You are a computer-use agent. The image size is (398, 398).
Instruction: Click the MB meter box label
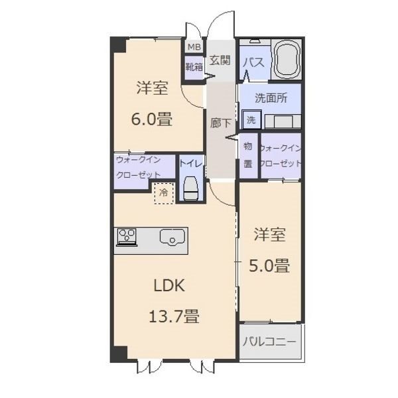[x=194, y=47]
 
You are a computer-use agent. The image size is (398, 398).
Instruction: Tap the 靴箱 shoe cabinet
[x=194, y=66]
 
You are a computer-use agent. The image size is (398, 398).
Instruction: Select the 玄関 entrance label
[x=220, y=60]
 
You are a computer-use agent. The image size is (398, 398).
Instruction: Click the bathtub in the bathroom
[x=287, y=60]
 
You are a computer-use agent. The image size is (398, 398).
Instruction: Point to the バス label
[x=254, y=62]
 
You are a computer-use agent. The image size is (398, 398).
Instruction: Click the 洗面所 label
[x=271, y=98]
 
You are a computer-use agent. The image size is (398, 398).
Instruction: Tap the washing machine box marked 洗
[x=251, y=119]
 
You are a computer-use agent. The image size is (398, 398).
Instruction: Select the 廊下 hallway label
[x=220, y=123]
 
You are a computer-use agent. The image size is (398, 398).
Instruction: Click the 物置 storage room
[x=249, y=155]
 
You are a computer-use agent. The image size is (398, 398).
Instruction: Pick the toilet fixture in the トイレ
[x=191, y=188]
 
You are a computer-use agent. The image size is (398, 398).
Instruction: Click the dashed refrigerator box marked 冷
[x=164, y=193]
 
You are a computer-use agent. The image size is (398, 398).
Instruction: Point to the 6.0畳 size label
[x=151, y=119]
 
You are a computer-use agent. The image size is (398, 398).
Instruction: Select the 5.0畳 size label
[x=269, y=266]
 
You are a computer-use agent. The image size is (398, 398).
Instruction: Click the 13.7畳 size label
[x=174, y=316]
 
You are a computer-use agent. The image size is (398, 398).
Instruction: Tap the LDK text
[x=169, y=286]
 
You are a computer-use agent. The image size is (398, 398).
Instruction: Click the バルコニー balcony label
[x=269, y=342]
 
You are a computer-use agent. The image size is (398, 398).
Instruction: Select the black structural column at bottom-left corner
[x=119, y=354]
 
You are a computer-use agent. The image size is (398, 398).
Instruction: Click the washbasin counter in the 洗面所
[x=283, y=121]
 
